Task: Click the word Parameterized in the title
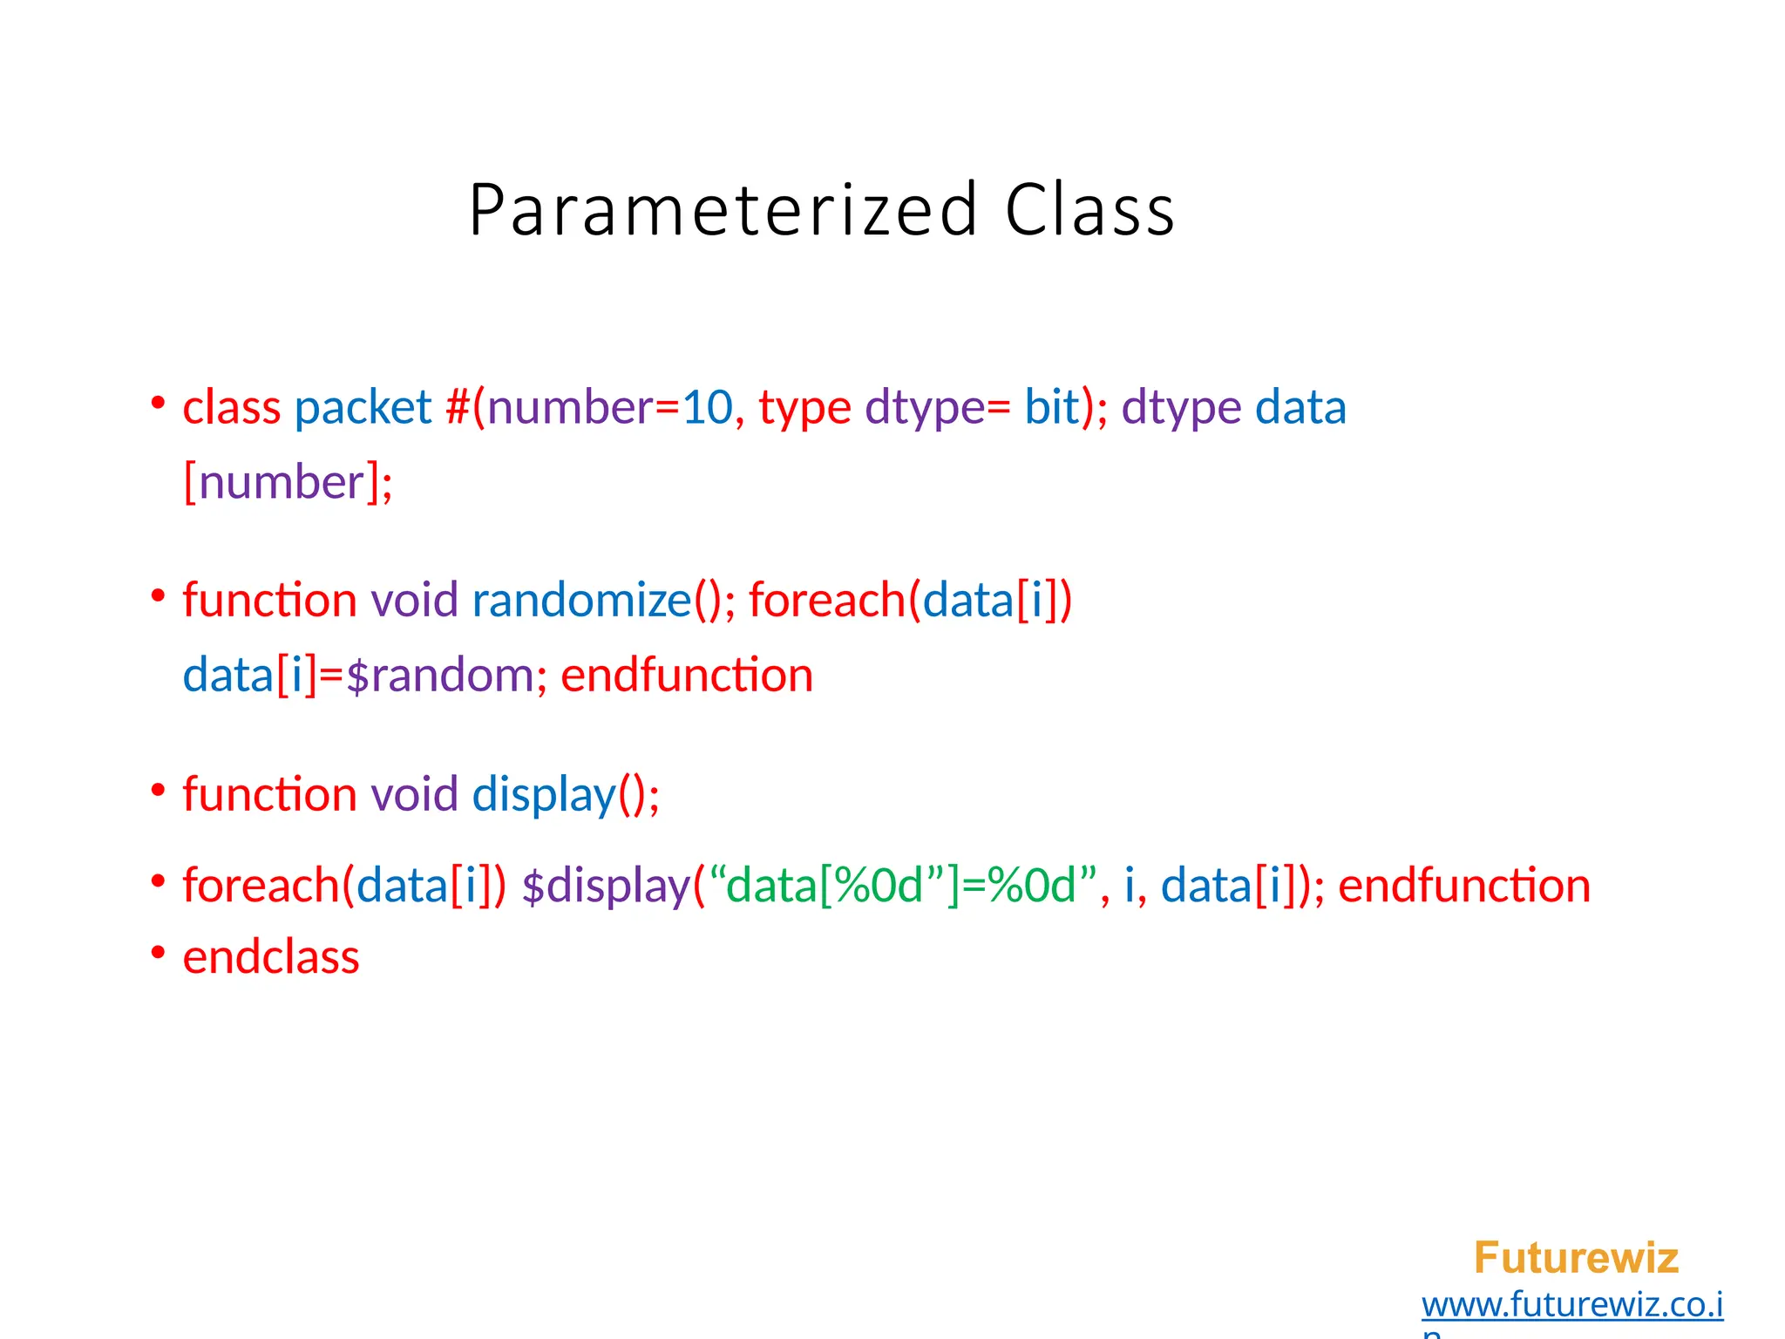723,210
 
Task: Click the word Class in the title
1089,210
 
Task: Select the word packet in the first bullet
363,407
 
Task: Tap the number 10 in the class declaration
707,407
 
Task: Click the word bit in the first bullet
1051,407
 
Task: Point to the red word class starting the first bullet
232,407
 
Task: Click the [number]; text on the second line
288,482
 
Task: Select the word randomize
581,600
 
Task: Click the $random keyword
440,675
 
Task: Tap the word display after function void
544,794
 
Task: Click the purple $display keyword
606,886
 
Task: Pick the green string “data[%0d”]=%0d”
903,886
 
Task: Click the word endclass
271,957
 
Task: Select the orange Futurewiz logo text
1576,1258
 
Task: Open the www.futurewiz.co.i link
1572,1305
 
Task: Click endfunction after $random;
687,675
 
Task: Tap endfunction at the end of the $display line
1464,886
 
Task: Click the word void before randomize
415,600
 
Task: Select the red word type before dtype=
804,407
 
